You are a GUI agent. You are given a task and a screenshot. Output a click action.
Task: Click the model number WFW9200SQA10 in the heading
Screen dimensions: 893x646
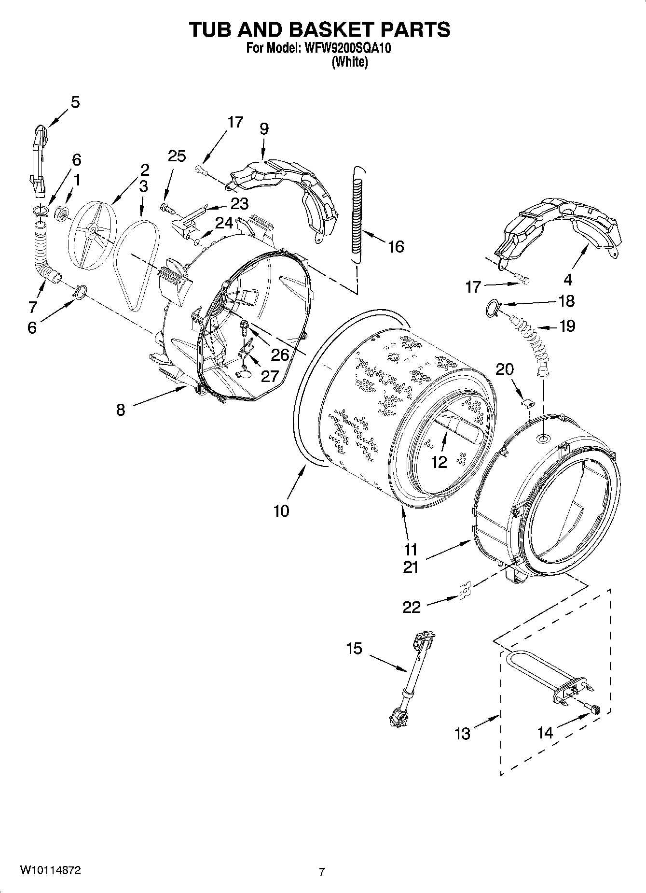346,48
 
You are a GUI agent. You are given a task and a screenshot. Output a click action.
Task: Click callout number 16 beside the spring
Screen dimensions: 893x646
396,247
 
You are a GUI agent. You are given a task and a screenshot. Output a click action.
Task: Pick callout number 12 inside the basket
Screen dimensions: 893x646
439,462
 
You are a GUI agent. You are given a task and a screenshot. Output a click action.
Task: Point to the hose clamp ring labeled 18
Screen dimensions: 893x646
492,308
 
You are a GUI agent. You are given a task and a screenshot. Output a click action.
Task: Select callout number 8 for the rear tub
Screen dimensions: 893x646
121,410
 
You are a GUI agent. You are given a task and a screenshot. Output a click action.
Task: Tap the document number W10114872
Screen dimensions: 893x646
50,870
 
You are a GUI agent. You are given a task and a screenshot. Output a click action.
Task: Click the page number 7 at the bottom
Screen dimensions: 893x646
322,872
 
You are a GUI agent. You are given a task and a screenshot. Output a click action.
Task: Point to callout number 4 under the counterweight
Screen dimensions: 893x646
568,279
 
